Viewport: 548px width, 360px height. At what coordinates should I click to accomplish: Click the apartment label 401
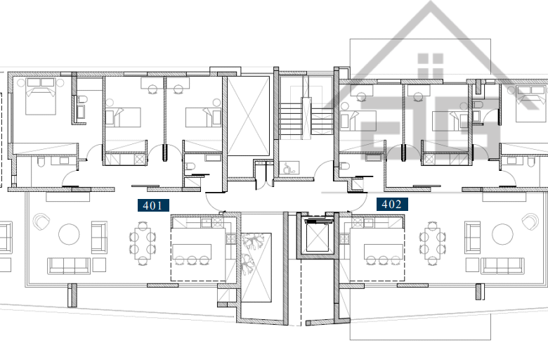pyautogui.click(x=153, y=205)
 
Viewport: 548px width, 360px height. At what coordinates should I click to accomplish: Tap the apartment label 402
pyautogui.click(x=392, y=205)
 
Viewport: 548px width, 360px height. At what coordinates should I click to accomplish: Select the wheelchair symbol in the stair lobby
pyautogui.click(x=289, y=168)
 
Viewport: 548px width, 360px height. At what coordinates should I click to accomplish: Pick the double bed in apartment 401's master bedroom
pyautogui.click(x=41, y=96)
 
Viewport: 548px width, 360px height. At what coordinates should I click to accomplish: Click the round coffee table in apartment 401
pyautogui.click(x=69, y=234)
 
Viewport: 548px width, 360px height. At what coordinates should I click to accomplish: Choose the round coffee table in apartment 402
pyautogui.click(x=502, y=234)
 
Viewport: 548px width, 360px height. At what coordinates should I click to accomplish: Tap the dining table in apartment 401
pyautogui.click(x=143, y=243)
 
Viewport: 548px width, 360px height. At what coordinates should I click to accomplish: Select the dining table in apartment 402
pyautogui.click(x=433, y=243)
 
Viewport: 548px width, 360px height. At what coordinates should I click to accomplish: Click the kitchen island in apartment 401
pyautogui.click(x=192, y=251)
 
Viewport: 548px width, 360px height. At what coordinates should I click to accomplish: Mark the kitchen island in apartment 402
pyautogui.click(x=384, y=251)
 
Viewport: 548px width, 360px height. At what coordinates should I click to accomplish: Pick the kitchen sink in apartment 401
pyautogui.click(x=207, y=221)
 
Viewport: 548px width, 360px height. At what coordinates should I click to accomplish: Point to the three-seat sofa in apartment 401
pyautogui.click(x=69, y=266)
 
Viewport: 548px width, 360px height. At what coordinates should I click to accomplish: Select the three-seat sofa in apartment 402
pyautogui.click(x=502, y=266)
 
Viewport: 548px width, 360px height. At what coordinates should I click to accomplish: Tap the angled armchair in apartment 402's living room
pyautogui.click(x=530, y=221)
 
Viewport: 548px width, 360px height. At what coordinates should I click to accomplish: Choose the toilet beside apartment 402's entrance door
pyautogui.click(x=344, y=165)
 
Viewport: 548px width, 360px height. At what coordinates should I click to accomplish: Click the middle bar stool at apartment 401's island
pyautogui.click(x=192, y=260)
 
